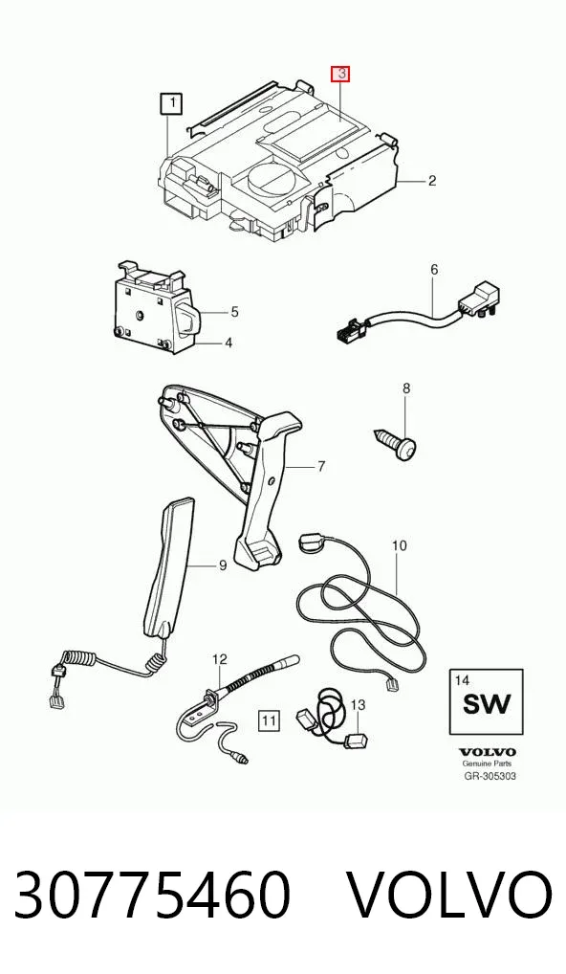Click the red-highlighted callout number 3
click(340, 75)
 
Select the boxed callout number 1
click(171, 103)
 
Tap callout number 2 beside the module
click(432, 181)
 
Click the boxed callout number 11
click(269, 720)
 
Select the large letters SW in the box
click(487, 704)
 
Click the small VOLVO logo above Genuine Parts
click(488, 753)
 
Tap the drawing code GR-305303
click(490, 776)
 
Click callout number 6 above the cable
click(434, 270)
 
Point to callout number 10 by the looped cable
click(400, 545)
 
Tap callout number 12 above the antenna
click(220, 659)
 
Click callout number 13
click(359, 705)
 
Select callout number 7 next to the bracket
click(321, 466)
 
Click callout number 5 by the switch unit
click(234, 311)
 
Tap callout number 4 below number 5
click(229, 343)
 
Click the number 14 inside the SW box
click(462, 680)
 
